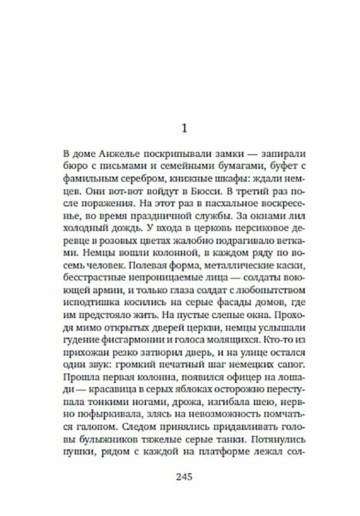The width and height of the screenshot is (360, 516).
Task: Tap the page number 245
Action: [x=184, y=476]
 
